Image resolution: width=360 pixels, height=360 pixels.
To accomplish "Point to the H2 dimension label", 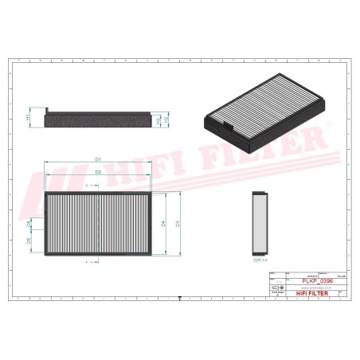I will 157,119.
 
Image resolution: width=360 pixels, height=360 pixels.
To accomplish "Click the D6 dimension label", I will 29,240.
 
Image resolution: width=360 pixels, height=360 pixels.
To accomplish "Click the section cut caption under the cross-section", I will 258,259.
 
